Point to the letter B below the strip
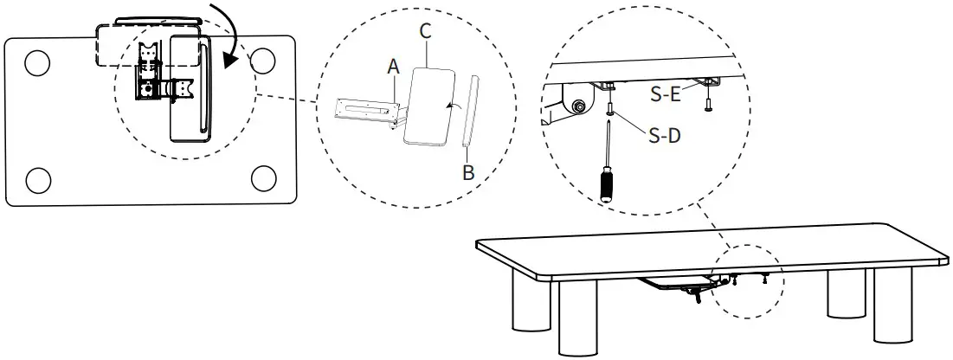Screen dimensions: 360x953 pyautogui.click(x=468, y=171)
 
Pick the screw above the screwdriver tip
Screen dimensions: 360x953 pyautogui.click(x=612, y=109)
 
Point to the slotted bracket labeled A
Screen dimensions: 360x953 pyautogui.click(x=364, y=109)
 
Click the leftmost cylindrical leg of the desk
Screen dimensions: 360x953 pyautogui.click(x=528, y=303)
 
